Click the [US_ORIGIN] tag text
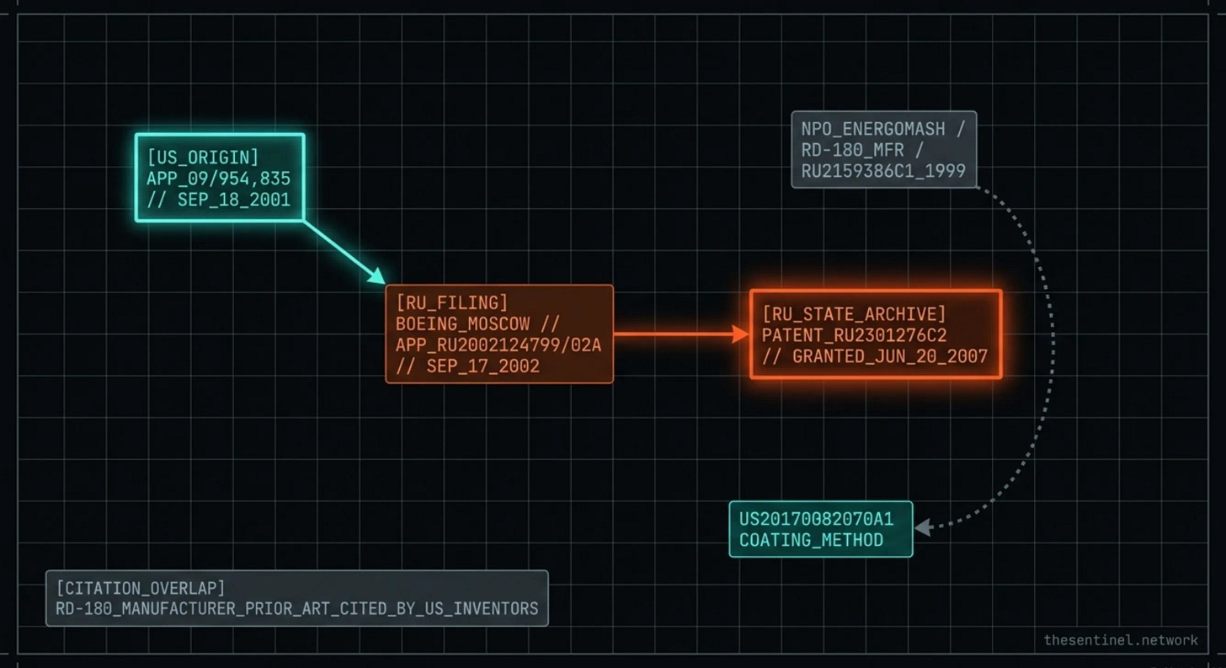pyautogui.click(x=203, y=158)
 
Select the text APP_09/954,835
pyautogui.click(x=218, y=179)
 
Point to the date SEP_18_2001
pyautogui.click(x=233, y=200)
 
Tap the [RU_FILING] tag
pyautogui.click(x=452, y=303)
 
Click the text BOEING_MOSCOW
pyautogui.click(x=463, y=324)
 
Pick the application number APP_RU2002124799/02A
pyautogui.click(x=498, y=345)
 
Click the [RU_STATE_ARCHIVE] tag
pyautogui.click(x=854, y=314)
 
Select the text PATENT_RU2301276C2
pyautogui.click(x=854, y=335)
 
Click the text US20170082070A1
pyautogui.click(x=815, y=519)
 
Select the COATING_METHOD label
pyautogui.click(x=811, y=540)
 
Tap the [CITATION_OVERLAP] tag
pyautogui.click(x=141, y=587)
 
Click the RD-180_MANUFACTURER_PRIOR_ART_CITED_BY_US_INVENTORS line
pyautogui.click(x=296, y=608)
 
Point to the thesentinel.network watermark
pyautogui.click(x=1120, y=640)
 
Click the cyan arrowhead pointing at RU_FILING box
pyautogui.click(x=377, y=276)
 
